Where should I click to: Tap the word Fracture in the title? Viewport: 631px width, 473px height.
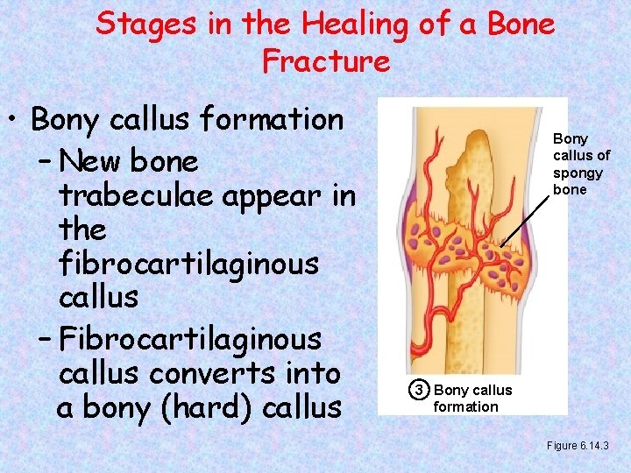pos(325,61)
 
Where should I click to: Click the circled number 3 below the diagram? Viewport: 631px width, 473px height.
pos(420,390)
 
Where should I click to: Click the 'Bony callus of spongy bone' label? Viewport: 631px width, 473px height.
pos(580,164)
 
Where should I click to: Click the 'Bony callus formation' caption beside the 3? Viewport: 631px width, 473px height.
pos(472,398)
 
